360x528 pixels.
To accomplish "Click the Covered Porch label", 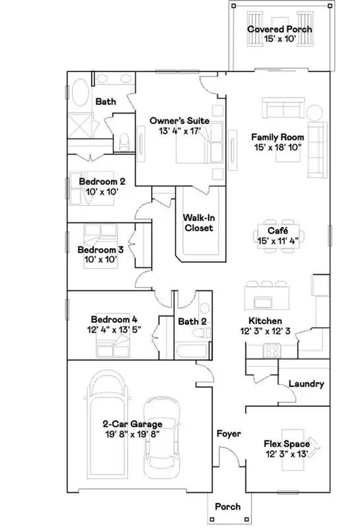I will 279,29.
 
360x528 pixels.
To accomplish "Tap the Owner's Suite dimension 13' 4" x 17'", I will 180,131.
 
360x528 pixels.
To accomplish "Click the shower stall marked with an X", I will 81,125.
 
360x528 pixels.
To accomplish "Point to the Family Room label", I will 276,137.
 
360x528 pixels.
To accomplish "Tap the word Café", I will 276,230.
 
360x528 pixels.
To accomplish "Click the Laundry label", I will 306,383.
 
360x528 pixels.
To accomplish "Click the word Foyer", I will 229,434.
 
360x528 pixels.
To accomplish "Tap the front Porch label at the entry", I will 228,507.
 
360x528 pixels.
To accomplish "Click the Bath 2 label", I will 192,321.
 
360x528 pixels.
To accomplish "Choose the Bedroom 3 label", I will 100,250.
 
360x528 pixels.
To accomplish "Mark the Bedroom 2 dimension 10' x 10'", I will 102,191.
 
